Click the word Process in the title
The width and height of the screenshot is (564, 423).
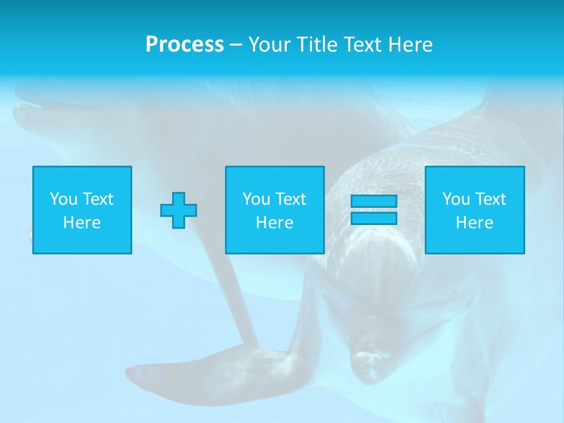(184, 45)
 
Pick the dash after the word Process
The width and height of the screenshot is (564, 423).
(236, 45)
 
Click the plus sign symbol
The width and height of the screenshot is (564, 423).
(179, 210)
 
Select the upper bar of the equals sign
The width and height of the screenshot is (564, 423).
(374, 202)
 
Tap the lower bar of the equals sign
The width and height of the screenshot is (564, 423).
(374, 218)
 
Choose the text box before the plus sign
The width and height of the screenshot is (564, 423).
(82, 210)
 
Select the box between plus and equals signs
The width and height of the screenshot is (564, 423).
(275, 210)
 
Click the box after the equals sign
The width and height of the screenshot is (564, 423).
(475, 210)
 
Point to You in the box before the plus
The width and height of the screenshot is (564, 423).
(63, 199)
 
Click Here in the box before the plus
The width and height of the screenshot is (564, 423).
(82, 223)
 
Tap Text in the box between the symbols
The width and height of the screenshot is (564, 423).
(291, 199)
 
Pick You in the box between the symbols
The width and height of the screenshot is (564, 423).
(256, 199)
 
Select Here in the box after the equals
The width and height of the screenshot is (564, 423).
(475, 223)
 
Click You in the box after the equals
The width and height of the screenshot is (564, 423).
(456, 199)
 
